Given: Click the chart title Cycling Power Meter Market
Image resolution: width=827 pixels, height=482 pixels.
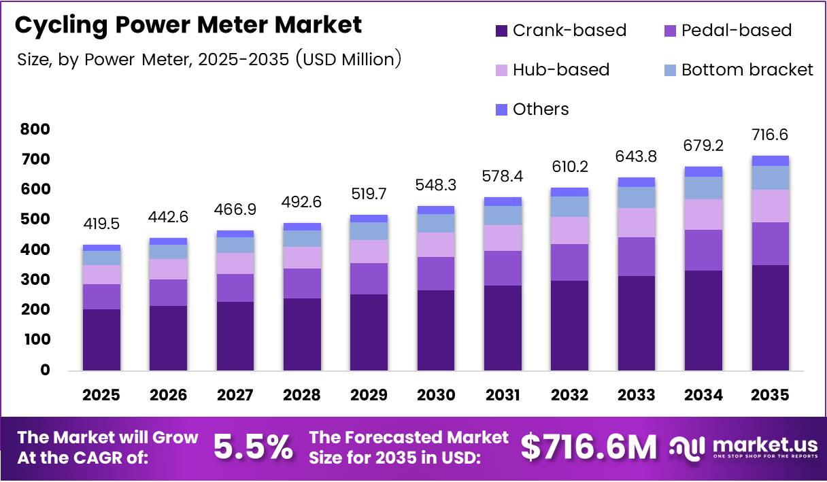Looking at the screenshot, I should click(x=188, y=26).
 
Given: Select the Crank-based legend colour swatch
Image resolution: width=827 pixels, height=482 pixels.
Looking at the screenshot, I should click(x=501, y=31).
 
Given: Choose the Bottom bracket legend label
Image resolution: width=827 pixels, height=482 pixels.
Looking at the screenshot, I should click(x=747, y=70).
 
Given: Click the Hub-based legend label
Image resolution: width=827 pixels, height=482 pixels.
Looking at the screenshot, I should click(x=560, y=70).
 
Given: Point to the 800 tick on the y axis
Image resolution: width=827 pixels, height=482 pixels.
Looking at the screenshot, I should click(x=35, y=129).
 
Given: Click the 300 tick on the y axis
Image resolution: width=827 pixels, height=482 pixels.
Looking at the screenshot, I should click(x=35, y=279).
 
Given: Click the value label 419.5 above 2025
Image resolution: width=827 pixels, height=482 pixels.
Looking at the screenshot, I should click(x=101, y=224).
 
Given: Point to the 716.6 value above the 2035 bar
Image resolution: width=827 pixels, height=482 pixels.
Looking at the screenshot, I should click(x=770, y=135).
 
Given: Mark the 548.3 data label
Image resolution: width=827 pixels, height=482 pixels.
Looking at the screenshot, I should click(x=436, y=185).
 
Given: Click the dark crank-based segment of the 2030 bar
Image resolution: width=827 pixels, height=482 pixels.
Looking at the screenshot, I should click(x=436, y=330).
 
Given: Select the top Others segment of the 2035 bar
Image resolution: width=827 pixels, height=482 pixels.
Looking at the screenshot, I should click(x=770, y=160).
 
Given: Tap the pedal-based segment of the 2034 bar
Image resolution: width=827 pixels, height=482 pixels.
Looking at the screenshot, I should click(x=703, y=250).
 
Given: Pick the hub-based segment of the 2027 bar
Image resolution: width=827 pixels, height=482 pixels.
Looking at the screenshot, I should click(x=235, y=263).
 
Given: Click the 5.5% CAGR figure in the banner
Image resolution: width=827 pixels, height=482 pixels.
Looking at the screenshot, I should click(x=253, y=447).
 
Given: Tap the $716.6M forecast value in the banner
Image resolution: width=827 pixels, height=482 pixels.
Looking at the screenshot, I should click(x=589, y=447).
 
